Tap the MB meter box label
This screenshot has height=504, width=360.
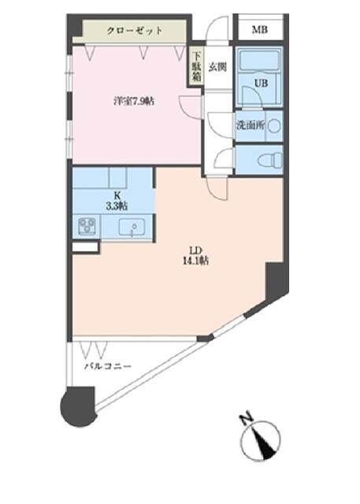point(258,30)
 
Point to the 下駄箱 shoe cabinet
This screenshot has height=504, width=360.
point(195,69)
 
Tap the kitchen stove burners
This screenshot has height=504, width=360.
point(87,228)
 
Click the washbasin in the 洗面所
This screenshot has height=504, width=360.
point(273,125)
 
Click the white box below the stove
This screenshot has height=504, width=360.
point(85,247)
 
